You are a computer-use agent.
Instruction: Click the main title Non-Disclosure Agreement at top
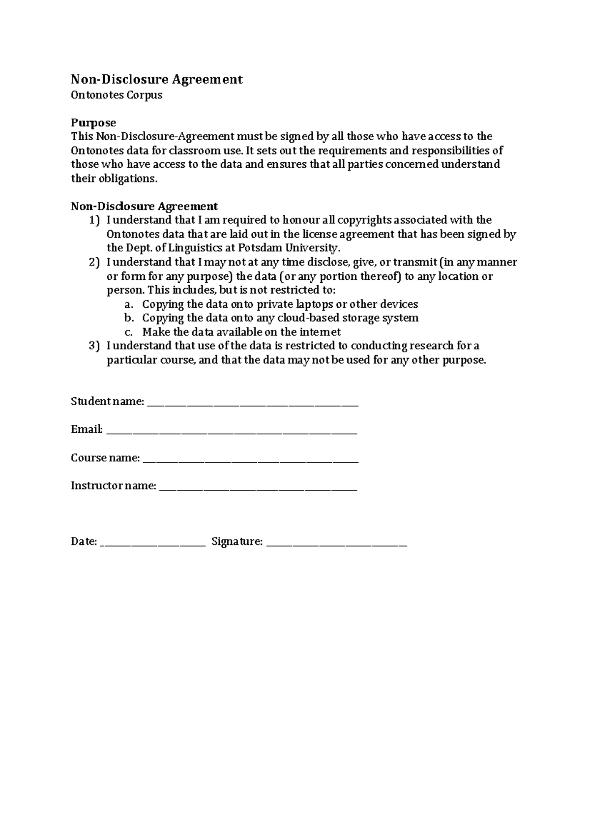click(x=157, y=79)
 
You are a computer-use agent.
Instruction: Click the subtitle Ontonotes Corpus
click(x=117, y=95)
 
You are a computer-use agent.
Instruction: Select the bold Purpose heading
click(x=93, y=122)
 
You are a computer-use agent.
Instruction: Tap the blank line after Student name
click(x=253, y=404)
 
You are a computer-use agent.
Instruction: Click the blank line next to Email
click(x=232, y=432)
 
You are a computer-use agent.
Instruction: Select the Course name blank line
click(x=250, y=461)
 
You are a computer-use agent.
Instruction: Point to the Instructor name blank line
click(x=259, y=489)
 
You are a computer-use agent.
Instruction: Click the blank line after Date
click(x=152, y=544)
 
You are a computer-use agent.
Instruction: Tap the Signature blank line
click(x=337, y=544)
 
